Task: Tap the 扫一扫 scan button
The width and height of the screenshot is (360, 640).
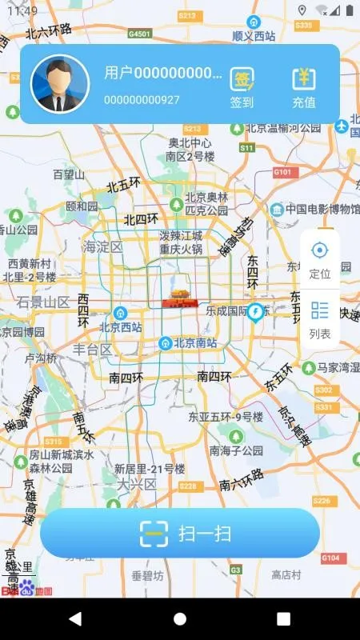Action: pyautogui.click(x=180, y=533)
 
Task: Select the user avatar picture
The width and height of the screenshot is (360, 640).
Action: pyautogui.click(x=60, y=84)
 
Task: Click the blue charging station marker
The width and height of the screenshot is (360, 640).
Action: pyautogui.click(x=256, y=311)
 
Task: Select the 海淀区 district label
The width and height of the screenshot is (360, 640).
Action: pyautogui.click(x=103, y=247)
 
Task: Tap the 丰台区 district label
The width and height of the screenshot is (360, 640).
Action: pyautogui.click(x=93, y=350)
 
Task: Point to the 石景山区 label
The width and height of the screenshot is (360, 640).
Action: pyautogui.click(x=44, y=302)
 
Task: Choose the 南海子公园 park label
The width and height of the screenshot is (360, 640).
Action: pyautogui.click(x=236, y=450)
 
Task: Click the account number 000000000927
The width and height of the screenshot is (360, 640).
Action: pyautogui.click(x=142, y=100)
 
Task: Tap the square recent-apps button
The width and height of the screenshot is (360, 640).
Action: pyautogui.click(x=283, y=618)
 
